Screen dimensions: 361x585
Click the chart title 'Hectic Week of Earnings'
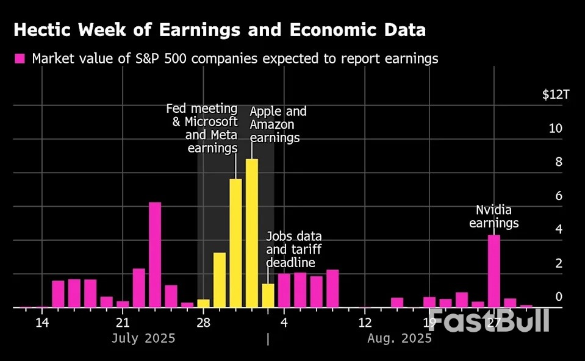[x=220, y=30]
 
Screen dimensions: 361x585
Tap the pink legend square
[x=20, y=59]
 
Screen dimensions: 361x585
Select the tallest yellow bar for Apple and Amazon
[x=252, y=233]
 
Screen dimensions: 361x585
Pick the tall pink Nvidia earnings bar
[x=494, y=271]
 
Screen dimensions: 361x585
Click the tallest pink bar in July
[x=155, y=254]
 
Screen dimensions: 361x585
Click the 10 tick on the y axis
[x=554, y=129]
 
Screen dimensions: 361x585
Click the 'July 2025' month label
[x=143, y=338]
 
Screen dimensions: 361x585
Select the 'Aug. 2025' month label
[x=400, y=338]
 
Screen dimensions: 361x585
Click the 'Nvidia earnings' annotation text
[x=493, y=216]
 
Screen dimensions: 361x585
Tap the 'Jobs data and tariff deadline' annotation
[x=294, y=249]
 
